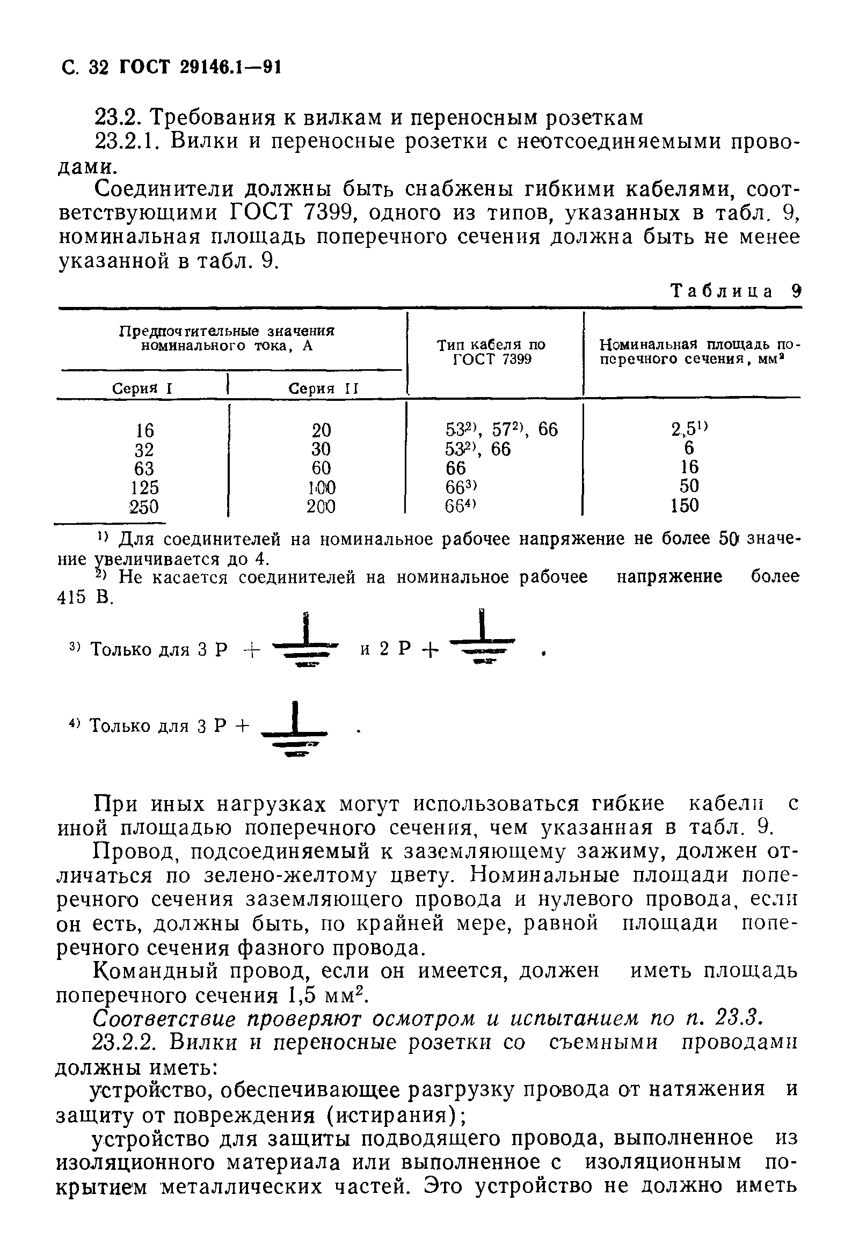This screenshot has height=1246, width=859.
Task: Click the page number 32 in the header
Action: pos(97,67)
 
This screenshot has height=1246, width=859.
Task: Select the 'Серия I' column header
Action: pos(142,389)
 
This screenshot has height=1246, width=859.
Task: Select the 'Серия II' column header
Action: pos(323,389)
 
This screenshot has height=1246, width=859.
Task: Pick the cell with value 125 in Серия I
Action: pos(145,487)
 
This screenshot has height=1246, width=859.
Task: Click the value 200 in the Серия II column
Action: pos(321,506)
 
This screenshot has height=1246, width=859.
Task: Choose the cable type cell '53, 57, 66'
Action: pos(501,429)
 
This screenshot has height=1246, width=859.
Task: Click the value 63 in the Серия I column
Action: pos(144,468)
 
